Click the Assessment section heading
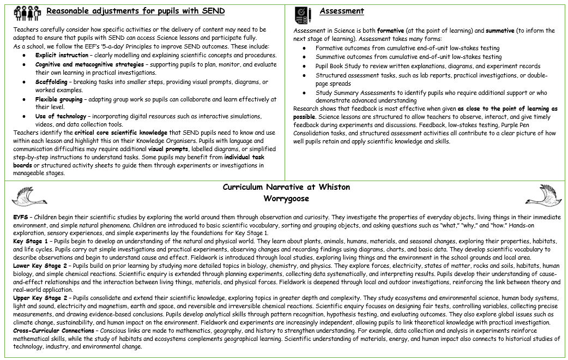(342, 11)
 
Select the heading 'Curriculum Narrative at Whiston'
(286, 187)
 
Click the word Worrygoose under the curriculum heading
(286, 198)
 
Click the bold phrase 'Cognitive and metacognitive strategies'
(89, 64)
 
